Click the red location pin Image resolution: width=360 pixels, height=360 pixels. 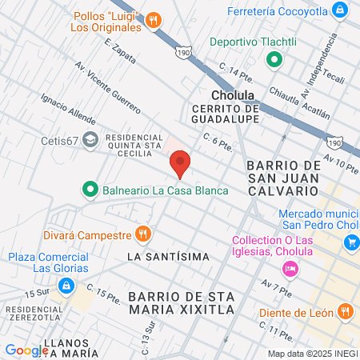[180, 163]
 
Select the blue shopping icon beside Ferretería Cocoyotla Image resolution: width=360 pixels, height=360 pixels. [341, 10]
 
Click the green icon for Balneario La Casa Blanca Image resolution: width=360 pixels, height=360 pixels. [90, 190]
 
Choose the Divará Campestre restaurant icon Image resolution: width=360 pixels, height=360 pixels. [143, 234]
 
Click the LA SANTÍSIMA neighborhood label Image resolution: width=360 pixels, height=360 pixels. [168, 257]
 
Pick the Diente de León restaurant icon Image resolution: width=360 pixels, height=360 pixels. [345, 311]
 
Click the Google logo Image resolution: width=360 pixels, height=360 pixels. [26, 350]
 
